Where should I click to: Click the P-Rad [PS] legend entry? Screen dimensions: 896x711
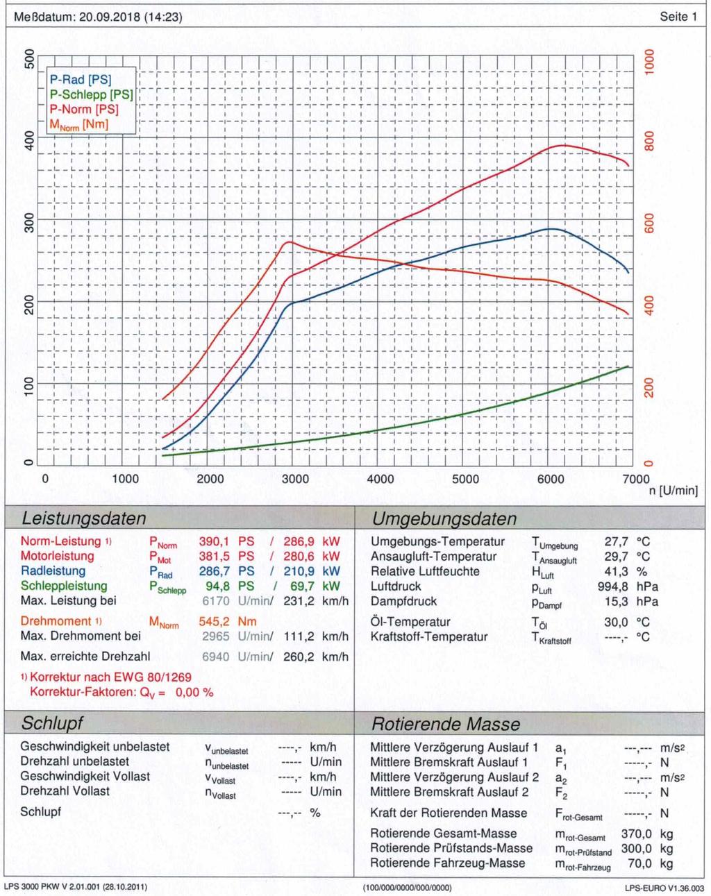[80, 80]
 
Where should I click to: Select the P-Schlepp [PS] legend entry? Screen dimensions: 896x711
[91, 94]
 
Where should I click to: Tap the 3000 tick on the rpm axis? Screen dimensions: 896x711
[295, 479]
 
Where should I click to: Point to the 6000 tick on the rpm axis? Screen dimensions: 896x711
[551, 479]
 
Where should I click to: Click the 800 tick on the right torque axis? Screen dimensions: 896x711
[649, 141]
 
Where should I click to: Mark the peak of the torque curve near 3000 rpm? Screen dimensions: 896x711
[288, 242]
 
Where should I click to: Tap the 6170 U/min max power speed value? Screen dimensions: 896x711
[215, 601]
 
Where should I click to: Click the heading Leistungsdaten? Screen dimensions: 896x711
[84, 518]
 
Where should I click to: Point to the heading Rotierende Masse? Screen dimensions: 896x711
[446, 724]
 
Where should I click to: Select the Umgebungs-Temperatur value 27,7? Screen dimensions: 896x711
[616, 541]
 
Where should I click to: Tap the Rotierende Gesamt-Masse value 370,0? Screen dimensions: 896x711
[636, 834]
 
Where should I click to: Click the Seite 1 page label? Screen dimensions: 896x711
[678, 17]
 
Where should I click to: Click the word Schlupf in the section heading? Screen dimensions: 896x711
[52, 723]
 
